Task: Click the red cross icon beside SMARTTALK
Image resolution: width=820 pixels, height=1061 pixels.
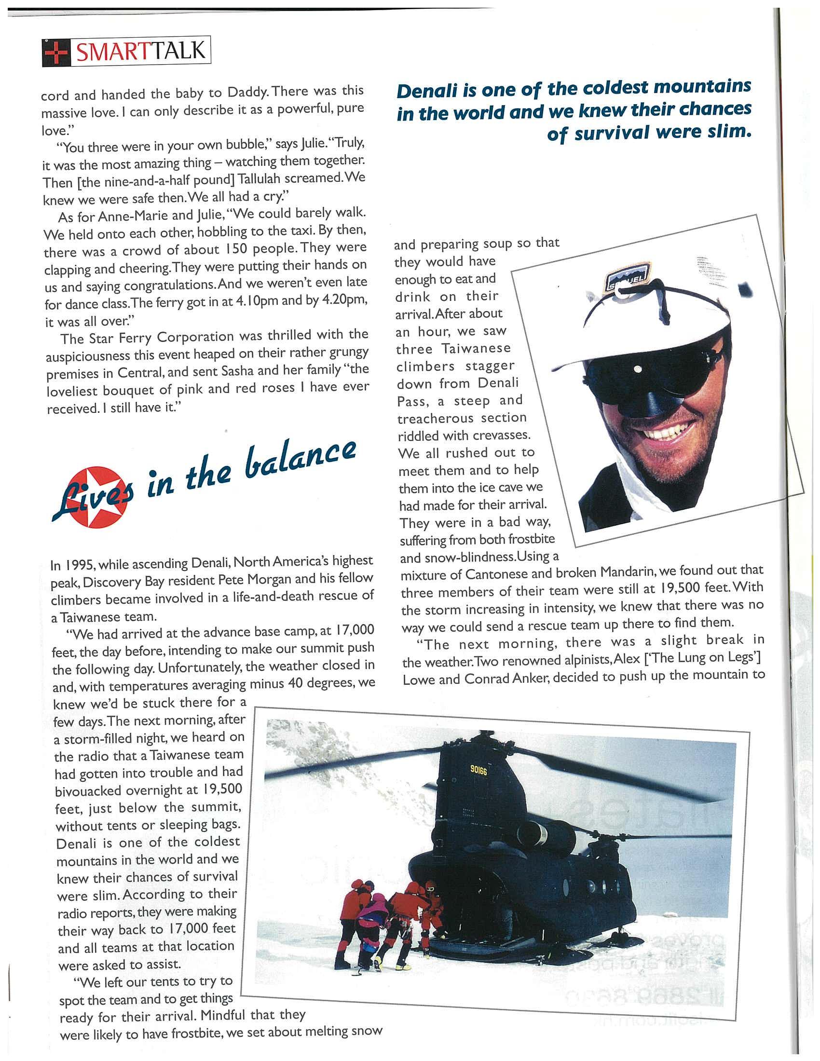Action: [56, 52]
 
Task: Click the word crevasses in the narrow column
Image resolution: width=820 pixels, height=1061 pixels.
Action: [499, 435]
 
